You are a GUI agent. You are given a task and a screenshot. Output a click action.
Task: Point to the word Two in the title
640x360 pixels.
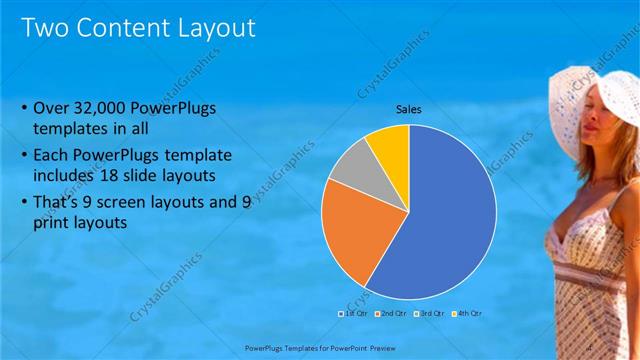click(x=45, y=27)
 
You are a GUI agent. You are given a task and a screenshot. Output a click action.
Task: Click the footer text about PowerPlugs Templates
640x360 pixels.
click(x=320, y=348)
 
